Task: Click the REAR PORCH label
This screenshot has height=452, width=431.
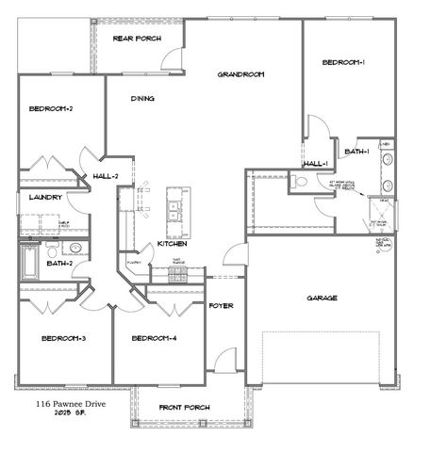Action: [x=137, y=39]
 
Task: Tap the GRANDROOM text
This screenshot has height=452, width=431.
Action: [x=240, y=74]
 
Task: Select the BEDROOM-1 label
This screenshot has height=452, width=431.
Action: [x=343, y=62]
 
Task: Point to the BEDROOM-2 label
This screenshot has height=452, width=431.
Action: [x=51, y=109]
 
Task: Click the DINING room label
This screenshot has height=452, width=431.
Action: [x=142, y=98]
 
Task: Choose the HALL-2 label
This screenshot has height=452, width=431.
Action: [x=106, y=176]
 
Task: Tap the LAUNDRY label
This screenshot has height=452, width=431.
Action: [x=45, y=198]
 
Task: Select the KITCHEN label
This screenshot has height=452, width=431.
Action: [x=172, y=243]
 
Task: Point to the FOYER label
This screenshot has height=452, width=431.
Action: [x=221, y=306]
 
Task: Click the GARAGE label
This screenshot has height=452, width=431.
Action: [x=322, y=298]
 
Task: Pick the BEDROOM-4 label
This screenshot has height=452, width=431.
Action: [x=154, y=338]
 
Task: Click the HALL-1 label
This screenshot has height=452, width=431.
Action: [x=314, y=164]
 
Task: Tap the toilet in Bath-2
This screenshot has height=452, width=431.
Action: [x=76, y=250]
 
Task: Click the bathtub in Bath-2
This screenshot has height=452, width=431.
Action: [x=28, y=261]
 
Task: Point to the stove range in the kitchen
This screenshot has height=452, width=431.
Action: [x=178, y=274]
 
